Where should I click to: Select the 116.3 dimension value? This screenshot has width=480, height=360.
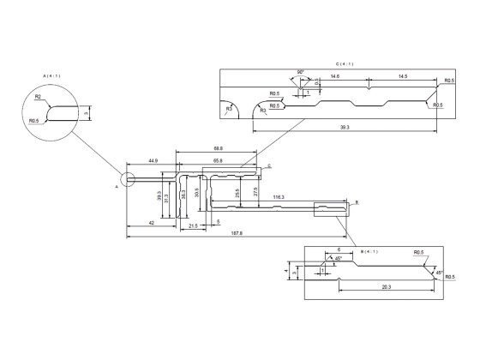279,197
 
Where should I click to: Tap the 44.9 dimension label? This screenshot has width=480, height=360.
153,160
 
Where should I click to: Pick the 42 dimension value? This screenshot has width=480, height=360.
151,223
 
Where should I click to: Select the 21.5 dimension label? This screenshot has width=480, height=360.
193,225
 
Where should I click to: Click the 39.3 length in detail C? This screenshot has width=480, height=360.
346,129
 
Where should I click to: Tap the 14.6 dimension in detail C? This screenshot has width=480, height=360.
333,77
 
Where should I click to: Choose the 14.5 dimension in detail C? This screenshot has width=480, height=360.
403,77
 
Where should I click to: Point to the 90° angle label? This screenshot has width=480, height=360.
301,72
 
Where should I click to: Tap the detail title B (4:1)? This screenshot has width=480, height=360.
371,251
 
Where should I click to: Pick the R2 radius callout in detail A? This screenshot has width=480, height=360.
39,98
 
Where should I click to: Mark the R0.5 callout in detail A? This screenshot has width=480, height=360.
33,121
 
